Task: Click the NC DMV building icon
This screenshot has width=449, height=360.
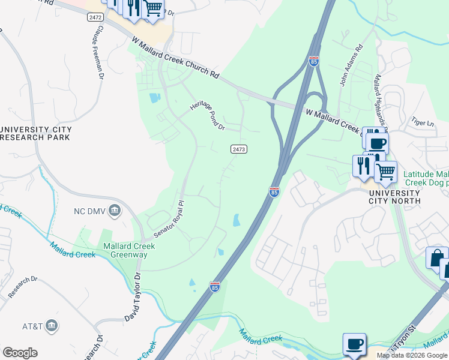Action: point(116,211)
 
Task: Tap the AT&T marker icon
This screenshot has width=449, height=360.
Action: point(52,326)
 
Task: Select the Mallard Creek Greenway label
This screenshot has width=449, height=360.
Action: point(125,250)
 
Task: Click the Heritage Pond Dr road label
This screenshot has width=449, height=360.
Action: point(208,115)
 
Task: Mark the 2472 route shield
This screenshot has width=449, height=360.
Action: point(95,18)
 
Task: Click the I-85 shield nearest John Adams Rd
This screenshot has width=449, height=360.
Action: point(314,61)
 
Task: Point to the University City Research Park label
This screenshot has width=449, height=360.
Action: point(35,133)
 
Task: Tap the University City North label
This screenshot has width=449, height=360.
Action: point(394,197)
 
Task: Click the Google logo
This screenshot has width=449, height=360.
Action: point(20,353)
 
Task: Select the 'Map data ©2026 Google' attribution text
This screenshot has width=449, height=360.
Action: point(412,355)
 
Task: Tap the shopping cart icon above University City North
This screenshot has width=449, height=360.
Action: point(385,172)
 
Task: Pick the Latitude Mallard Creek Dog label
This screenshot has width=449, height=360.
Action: point(426,178)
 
